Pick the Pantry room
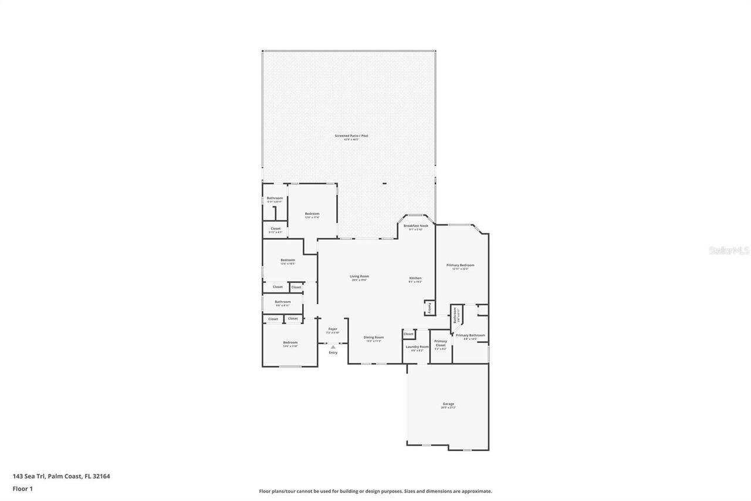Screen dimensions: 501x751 click(x=429, y=307)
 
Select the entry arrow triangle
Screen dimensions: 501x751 click(x=333, y=347)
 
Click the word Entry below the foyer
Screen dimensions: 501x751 click(x=333, y=352)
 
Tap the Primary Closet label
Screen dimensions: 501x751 click(x=441, y=344)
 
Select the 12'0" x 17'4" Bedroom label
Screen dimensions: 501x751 click(x=312, y=214)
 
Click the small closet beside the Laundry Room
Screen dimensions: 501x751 click(x=408, y=334)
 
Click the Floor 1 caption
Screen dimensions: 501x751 click(x=22, y=488)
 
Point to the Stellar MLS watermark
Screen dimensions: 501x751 click(x=729, y=250)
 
